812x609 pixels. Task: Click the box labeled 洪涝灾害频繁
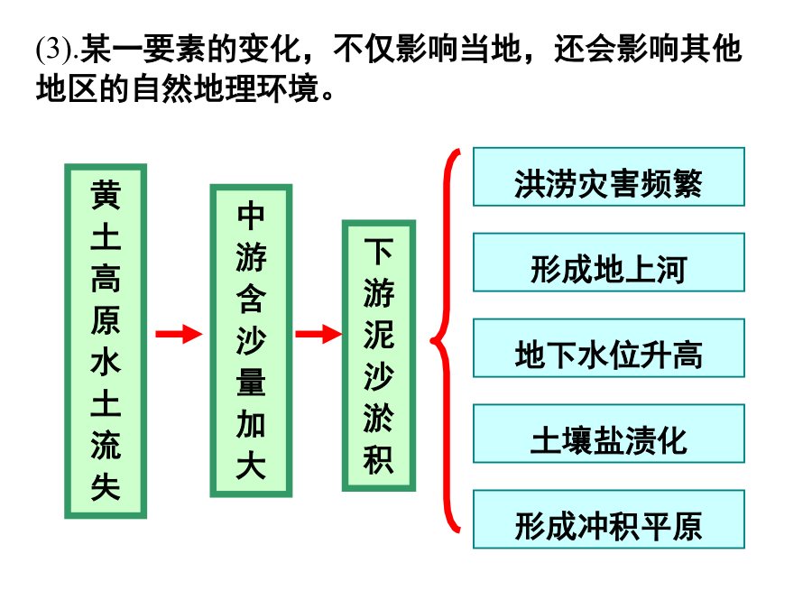point(608,177)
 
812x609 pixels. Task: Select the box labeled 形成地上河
point(608,263)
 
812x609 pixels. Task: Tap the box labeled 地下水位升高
point(608,348)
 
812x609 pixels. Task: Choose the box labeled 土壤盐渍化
point(608,433)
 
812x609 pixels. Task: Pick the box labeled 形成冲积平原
point(608,519)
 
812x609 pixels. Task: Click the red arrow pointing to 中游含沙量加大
point(179,334)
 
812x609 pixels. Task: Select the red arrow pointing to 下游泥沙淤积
point(318,334)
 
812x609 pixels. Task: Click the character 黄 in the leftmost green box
point(106,195)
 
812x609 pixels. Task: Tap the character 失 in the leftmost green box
point(106,487)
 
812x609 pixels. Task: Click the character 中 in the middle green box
point(251,216)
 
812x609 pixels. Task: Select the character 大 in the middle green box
point(251,466)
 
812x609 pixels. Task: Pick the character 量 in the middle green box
point(251,383)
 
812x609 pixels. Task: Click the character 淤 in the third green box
point(379,419)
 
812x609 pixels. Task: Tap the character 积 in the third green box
point(379,460)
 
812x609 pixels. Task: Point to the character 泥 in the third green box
point(379,335)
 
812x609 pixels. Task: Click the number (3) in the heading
point(55,50)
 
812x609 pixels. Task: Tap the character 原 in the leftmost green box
point(106,320)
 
